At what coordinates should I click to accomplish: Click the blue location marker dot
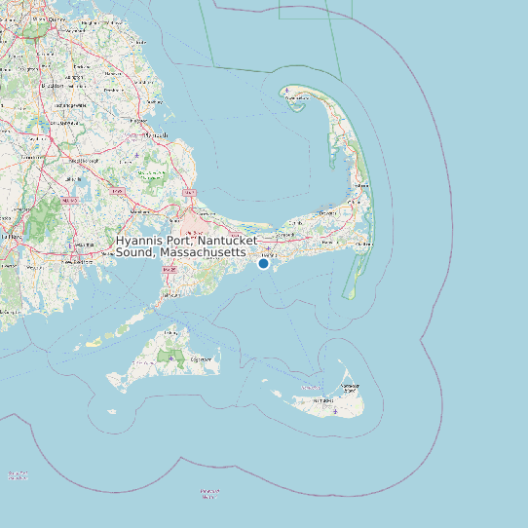(263, 263)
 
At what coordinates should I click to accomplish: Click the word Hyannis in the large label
(142, 241)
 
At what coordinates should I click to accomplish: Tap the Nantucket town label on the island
(322, 399)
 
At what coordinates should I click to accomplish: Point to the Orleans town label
(357, 206)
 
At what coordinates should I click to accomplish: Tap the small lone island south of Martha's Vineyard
(207, 493)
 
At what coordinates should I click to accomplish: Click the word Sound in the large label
(135, 252)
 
